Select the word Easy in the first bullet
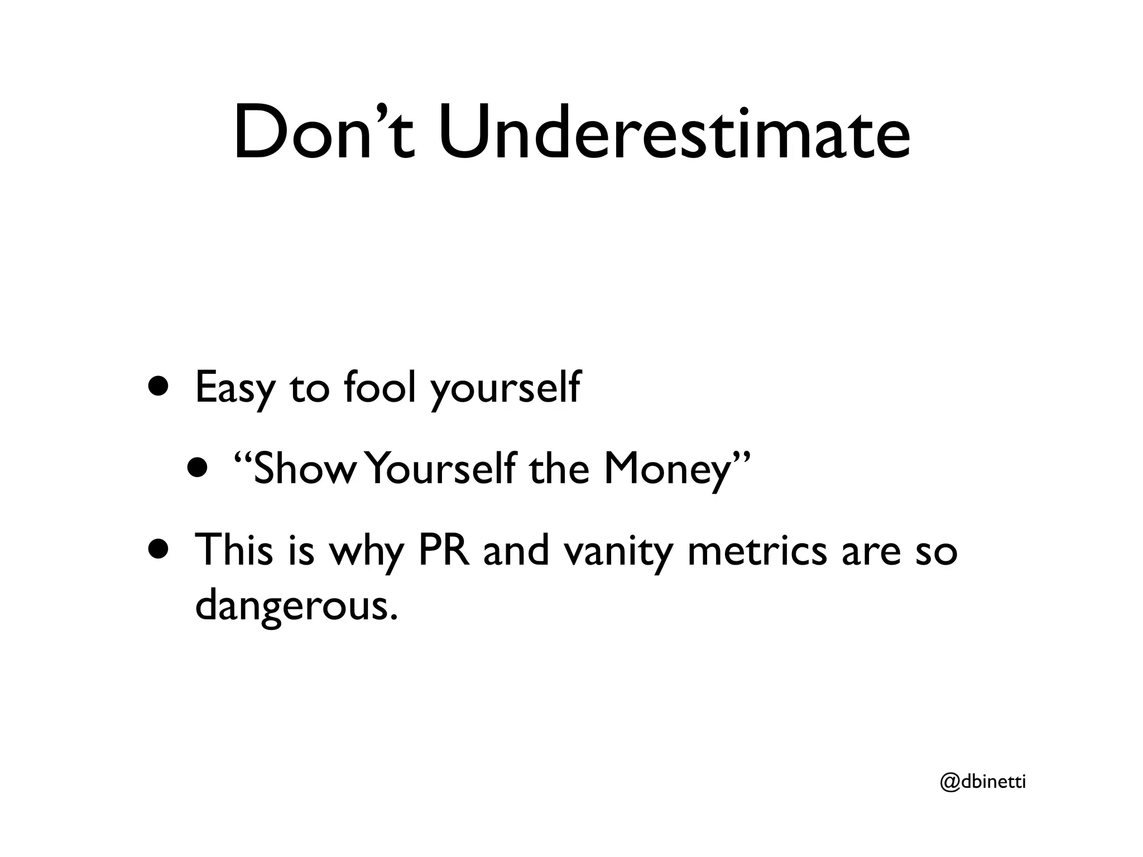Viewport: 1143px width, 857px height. (234, 388)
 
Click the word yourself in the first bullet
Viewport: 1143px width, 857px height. (506, 388)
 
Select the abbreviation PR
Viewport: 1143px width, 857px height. (443, 550)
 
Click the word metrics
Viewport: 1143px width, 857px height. (757, 550)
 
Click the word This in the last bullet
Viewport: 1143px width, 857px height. (234, 550)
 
